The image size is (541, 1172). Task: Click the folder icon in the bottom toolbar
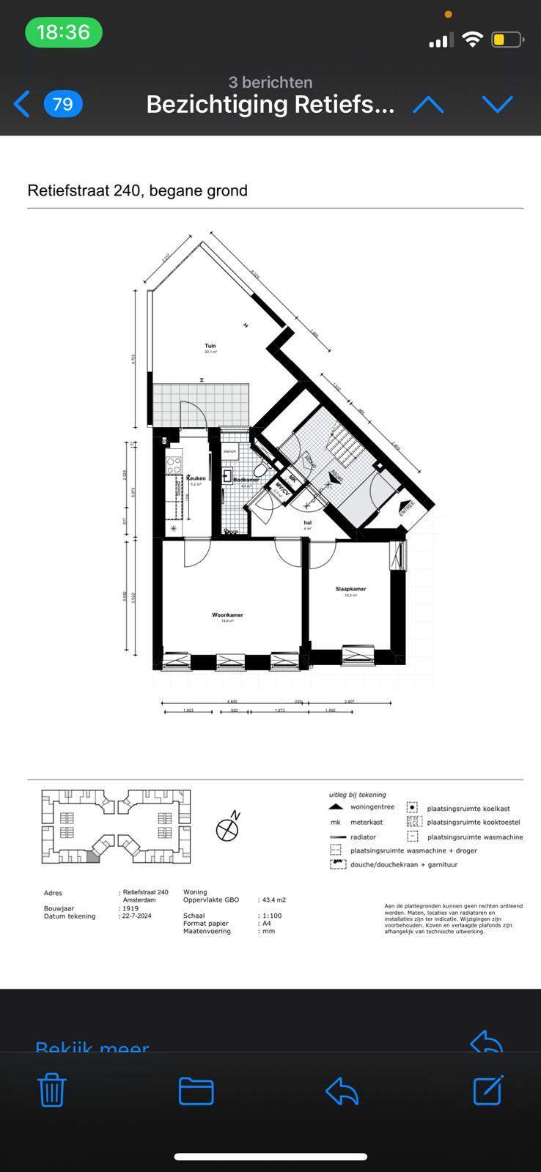(196, 1091)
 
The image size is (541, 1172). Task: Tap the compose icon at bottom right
(488, 1090)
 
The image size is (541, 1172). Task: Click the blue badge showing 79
(63, 104)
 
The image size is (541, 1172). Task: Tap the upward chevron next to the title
(428, 105)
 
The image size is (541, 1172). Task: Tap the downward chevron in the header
(497, 105)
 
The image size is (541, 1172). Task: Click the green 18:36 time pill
(63, 32)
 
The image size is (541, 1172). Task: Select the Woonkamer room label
(227, 615)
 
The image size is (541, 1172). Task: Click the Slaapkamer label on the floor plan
(350, 589)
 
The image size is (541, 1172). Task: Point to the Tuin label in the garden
(210, 346)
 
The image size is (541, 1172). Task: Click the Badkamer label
(246, 479)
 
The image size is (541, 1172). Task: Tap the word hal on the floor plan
(308, 522)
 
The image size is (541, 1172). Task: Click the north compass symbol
(228, 828)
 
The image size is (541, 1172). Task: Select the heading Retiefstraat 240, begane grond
(138, 190)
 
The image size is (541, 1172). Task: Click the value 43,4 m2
(273, 900)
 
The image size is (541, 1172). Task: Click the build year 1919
(130, 908)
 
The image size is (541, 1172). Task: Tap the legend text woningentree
(372, 807)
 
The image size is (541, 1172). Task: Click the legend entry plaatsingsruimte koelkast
(468, 808)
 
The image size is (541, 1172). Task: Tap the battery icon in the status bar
(507, 40)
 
